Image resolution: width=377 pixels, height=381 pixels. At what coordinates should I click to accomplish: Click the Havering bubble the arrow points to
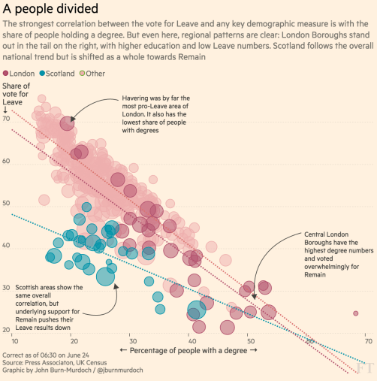click(67, 124)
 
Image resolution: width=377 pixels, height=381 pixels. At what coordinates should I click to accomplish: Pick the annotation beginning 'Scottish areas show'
click(44, 297)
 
